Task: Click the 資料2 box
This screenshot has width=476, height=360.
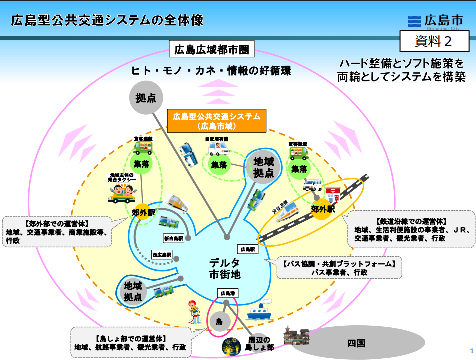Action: [434, 40]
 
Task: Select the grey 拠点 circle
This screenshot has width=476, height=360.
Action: [146, 98]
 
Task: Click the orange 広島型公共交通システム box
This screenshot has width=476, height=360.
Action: [217, 121]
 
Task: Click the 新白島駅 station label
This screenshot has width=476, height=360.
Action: [174, 238]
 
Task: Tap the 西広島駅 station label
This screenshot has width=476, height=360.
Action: [162, 255]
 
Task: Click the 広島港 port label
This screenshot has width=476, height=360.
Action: [226, 293]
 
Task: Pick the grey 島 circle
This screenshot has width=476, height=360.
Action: [219, 321]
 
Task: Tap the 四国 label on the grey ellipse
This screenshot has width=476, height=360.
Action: [356, 343]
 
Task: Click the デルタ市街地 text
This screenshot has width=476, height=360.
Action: [225, 268]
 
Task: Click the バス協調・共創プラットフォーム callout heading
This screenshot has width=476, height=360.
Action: [339, 263]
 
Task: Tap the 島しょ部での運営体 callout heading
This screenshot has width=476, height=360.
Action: [130, 338]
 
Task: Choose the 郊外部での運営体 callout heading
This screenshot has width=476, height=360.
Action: [56, 224]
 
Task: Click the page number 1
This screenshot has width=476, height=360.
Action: [471, 350]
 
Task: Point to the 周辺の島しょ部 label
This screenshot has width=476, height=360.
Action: [261, 343]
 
